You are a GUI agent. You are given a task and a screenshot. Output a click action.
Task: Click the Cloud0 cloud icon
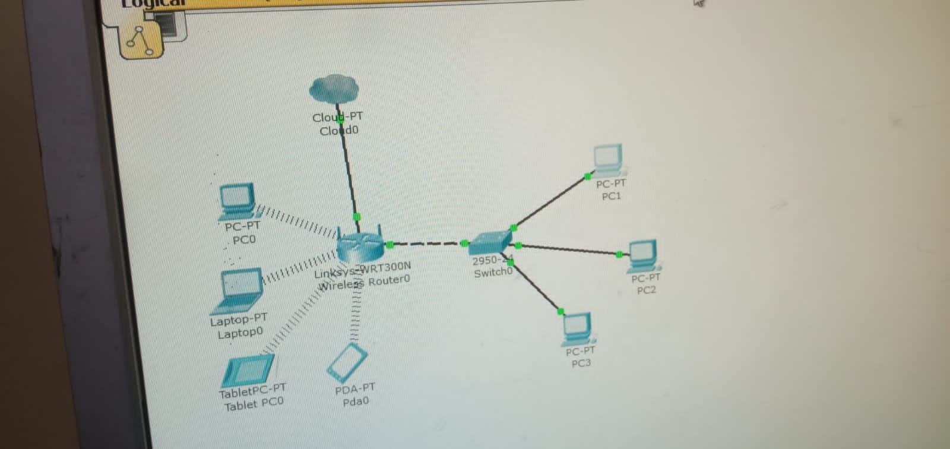coord(334,89)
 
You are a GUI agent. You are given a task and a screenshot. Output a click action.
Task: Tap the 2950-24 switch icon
coord(490,242)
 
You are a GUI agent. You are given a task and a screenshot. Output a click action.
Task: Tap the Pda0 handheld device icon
coord(347,363)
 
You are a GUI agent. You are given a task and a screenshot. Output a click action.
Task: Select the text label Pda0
coord(356,401)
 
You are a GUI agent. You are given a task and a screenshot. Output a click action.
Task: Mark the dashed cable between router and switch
coord(427,244)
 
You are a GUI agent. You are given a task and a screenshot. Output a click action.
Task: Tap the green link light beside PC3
coord(561,311)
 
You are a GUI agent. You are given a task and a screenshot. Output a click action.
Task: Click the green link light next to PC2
coord(619,254)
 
